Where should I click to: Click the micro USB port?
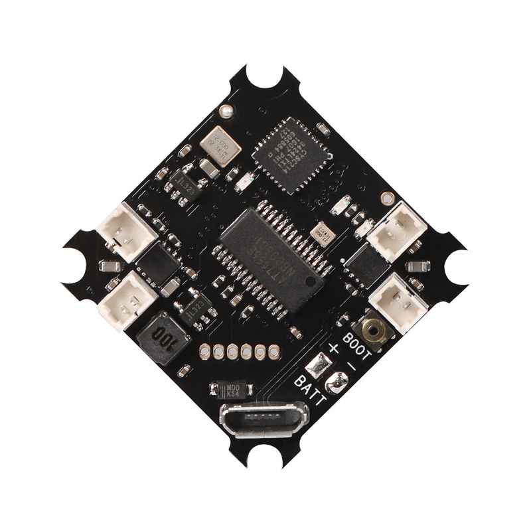tap(263, 419)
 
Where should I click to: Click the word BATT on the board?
tap(310, 390)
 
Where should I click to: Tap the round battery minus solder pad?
tap(337, 382)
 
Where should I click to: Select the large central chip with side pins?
tap(273, 252)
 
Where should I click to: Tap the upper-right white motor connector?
tap(397, 229)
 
